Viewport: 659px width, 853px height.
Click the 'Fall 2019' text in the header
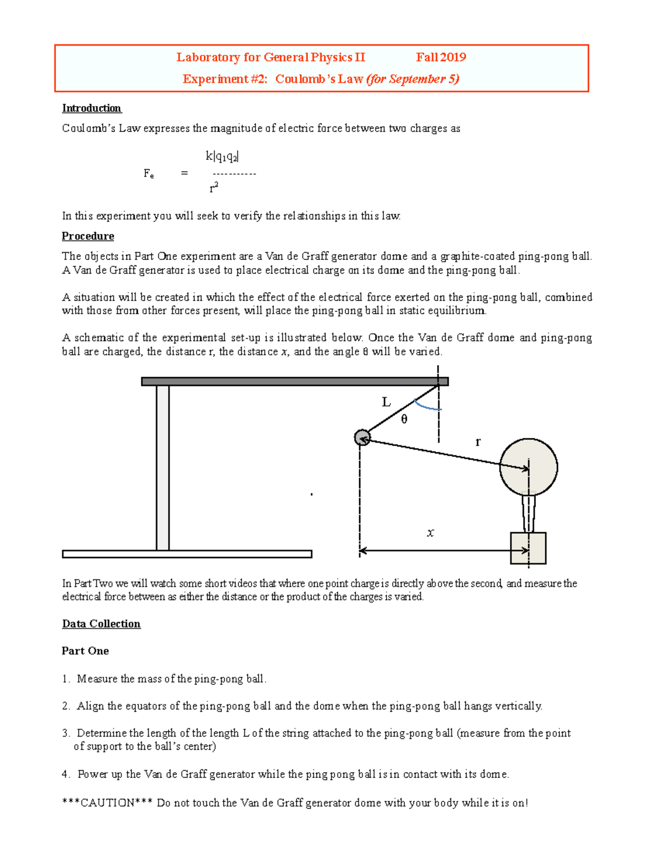click(x=440, y=57)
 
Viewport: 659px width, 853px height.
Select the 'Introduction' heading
click(x=91, y=108)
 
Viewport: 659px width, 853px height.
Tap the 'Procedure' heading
click(x=88, y=236)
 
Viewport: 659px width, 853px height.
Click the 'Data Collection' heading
click(x=101, y=624)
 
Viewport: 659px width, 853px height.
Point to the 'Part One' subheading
click(x=85, y=651)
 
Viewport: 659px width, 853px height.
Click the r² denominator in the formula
click(x=214, y=188)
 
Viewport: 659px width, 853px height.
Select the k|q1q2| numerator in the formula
click(x=222, y=157)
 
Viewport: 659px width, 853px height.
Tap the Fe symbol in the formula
click(x=148, y=174)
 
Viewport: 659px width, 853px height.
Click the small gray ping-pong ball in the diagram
click(x=362, y=438)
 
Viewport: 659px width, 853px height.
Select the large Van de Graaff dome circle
click(x=528, y=467)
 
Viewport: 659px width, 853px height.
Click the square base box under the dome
click(x=528, y=548)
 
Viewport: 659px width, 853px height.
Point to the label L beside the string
click(x=386, y=403)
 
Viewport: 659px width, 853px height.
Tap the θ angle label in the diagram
click(x=404, y=420)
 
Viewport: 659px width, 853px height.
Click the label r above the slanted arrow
click(x=478, y=442)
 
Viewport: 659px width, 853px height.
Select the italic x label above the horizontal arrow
click(x=430, y=533)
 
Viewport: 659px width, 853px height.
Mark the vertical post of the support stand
click(x=163, y=467)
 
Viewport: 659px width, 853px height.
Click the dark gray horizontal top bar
click(x=294, y=381)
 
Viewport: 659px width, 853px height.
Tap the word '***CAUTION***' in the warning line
click(x=108, y=803)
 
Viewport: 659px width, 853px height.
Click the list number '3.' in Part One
click(x=66, y=733)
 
